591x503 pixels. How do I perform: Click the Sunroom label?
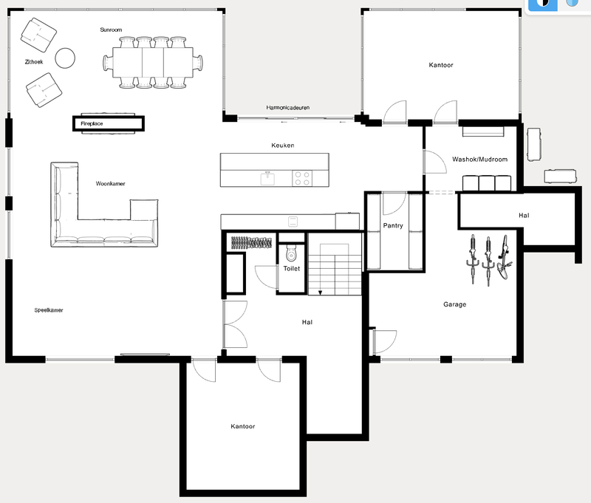pyautogui.click(x=111, y=30)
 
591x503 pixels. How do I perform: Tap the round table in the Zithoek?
pyautogui.click(x=66, y=58)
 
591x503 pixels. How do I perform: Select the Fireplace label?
pyautogui.click(x=92, y=125)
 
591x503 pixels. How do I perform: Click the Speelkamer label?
pyautogui.click(x=49, y=310)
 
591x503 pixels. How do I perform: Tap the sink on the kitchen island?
pyautogui.click(x=267, y=178)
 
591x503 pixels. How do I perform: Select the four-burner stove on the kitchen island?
pyautogui.click(x=303, y=178)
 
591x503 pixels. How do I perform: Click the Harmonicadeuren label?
pyautogui.click(x=288, y=108)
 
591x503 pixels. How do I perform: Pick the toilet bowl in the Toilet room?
pyautogui.click(x=290, y=254)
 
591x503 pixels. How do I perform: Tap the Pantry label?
pyautogui.click(x=393, y=225)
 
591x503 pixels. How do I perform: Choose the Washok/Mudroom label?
pyautogui.click(x=479, y=159)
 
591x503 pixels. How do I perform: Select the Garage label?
pyautogui.click(x=454, y=304)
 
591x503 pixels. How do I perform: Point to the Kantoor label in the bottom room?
pyautogui.click(x=243, y=426)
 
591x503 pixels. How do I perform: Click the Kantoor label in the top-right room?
pyautogui.click(x=441, y=65)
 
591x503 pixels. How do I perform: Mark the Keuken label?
pyautogui.click(x=283, y=146)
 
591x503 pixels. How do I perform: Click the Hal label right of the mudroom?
pyautogui.click(x=524, y=215)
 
